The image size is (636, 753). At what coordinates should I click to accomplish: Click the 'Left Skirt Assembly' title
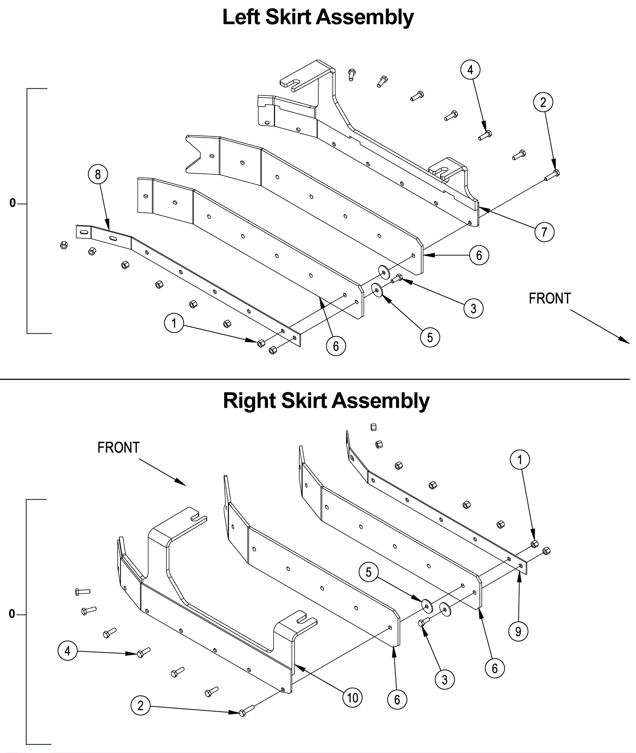pos(318,18)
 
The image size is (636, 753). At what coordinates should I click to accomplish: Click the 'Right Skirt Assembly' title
pos(326,401)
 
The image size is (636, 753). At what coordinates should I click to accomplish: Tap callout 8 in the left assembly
pos(98,174)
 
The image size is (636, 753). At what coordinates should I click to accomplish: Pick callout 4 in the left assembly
pos(470,70)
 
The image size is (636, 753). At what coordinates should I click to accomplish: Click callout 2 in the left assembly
pos(543,103)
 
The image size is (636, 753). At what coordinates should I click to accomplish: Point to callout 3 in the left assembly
pos(473,308)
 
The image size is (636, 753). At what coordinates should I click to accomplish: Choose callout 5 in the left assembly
pos(430,337)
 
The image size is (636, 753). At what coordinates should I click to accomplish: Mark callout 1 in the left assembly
pos(174,323)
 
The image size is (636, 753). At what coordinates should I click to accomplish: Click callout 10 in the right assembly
pos(352,698)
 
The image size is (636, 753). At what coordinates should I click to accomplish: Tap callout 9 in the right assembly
pos(518,631)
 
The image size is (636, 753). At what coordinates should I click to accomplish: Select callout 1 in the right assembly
pos(520,460)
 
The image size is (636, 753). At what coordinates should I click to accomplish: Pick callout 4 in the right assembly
pos(68,651)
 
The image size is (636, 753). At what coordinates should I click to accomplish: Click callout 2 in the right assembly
pos(140,705)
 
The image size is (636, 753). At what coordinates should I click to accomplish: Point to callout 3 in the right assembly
pos(444,679)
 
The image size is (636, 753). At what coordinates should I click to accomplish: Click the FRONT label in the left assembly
pos(550,298)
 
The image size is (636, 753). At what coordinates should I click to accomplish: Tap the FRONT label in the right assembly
pos(118,448)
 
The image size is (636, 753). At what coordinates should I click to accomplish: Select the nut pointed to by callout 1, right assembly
pos(535,544)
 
